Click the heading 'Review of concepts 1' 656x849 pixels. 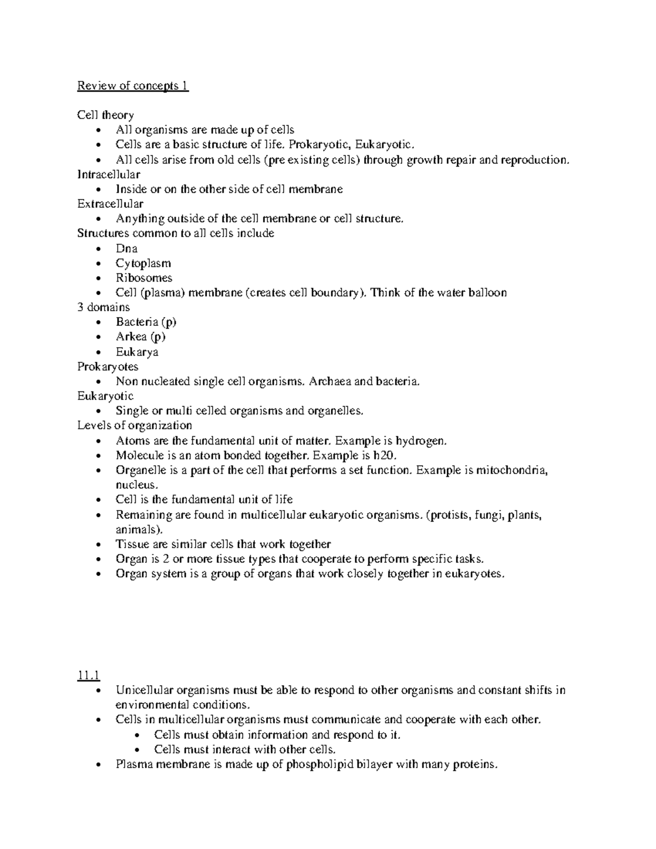[133, 86]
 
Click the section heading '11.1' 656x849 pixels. [88, 676]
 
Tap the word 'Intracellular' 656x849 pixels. [109, 174]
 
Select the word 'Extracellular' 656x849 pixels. [110, 204]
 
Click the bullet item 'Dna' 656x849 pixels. [126, 248]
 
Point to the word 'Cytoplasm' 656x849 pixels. [143, 263]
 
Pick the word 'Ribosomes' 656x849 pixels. [144, 278]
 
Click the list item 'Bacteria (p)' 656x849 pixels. [146, 322]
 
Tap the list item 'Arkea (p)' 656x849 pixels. [140, 337]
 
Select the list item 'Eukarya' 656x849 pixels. [137, 352]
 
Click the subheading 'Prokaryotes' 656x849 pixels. [108, 366]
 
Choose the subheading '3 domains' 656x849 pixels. [104, 307]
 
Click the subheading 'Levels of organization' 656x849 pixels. [134, 425]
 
